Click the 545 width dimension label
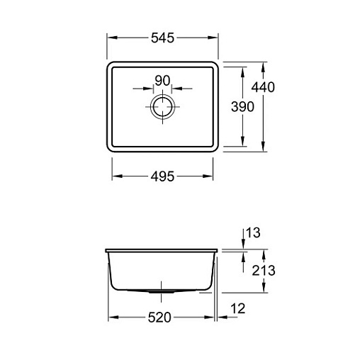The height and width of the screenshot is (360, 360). tap(162, 38)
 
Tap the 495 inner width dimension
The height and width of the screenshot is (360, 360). tap(162, 176)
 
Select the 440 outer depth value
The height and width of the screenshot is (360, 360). tap(263, 87)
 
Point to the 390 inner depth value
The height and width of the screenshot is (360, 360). tap(242, 106)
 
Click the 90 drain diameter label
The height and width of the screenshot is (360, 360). tap(162, 81)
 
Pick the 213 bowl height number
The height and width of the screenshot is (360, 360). tap(264, 270)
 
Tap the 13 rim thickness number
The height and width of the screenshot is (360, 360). tap(253, 232)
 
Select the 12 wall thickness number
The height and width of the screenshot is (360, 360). tap(238, 308)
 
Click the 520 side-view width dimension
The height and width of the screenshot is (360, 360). tap(159, 317)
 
